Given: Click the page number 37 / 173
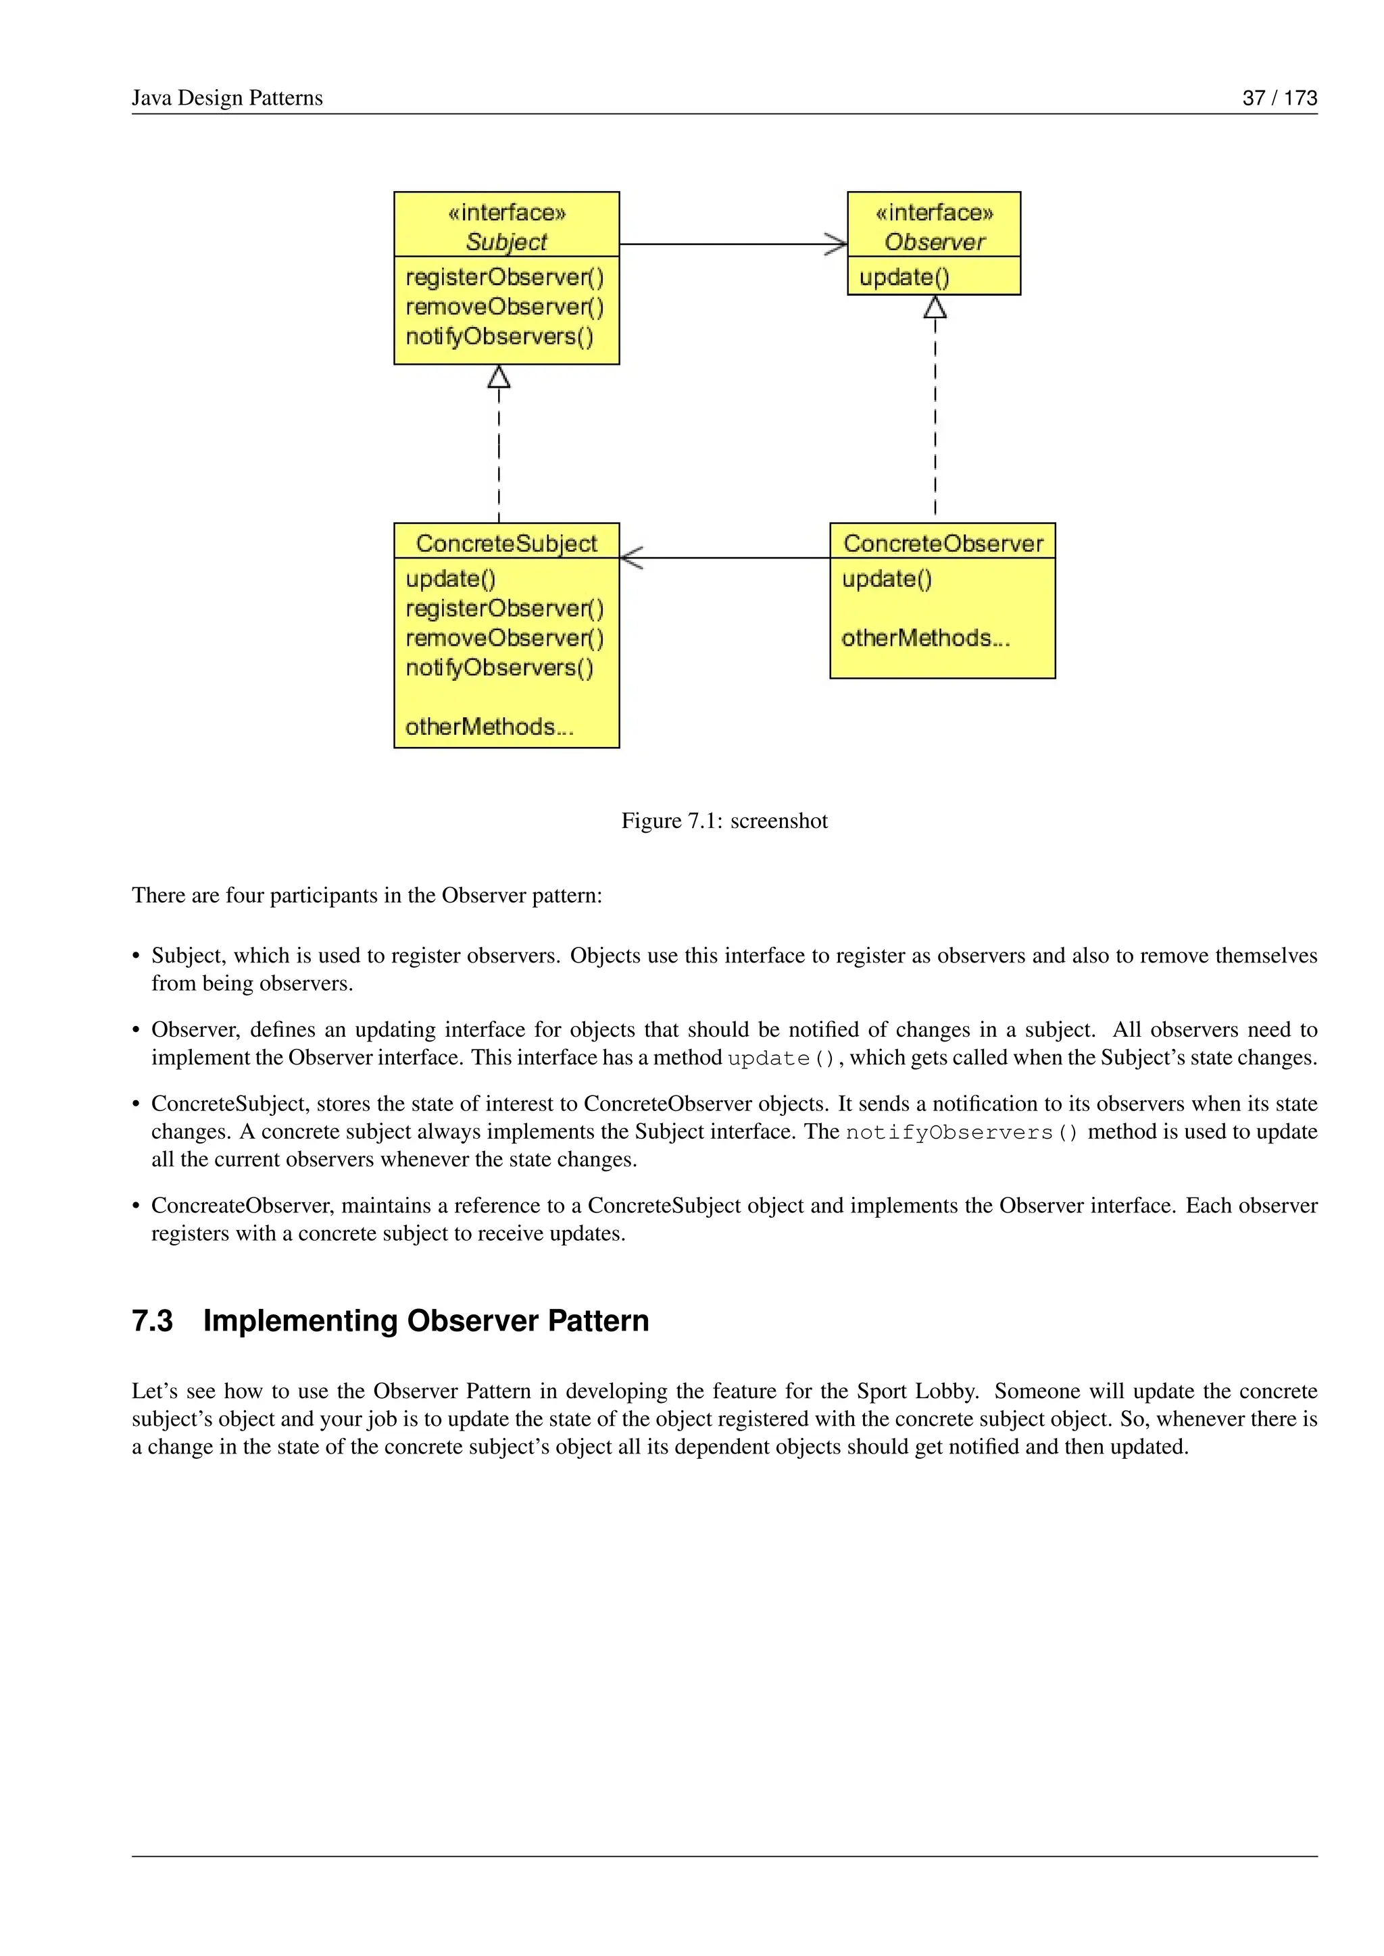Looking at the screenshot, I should click(1279, 98).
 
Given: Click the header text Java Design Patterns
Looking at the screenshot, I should click(226, 98).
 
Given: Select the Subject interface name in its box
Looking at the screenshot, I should click(506, 242).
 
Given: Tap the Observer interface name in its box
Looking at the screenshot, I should click(934, 242).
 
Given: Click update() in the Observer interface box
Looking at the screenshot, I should click(904, 277).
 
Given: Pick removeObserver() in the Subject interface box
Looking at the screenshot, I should click(505, 307).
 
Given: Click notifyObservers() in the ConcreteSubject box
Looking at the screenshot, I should click(499, 667).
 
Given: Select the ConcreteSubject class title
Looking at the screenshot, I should click(506, 544).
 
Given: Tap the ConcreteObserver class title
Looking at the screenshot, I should click(943, 544).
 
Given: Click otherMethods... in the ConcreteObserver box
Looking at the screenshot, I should click(924, 638).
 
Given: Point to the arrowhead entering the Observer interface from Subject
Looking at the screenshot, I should click(837, 244).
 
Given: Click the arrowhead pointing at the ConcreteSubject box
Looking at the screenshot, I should click(631, 558).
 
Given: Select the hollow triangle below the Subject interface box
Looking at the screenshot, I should click(499, 377).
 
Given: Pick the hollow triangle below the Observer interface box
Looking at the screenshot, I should click(935, 307).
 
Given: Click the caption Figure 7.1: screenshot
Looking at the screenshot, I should click(724, 821).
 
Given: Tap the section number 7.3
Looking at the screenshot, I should click(153, 1320).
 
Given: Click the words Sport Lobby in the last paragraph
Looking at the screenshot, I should click(916, 1391).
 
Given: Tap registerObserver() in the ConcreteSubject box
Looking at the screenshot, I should click(505, 609).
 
